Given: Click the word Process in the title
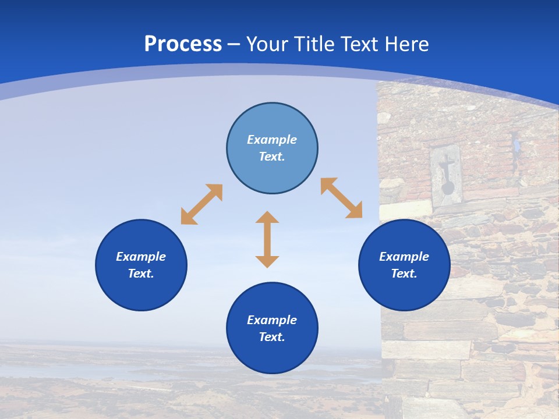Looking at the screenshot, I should point(183,44).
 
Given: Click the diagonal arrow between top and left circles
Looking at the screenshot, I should point(201,204).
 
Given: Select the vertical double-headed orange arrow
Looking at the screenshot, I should point(267,239).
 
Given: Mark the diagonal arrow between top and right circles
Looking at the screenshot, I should point(341,198).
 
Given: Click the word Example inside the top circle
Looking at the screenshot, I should point(272,140).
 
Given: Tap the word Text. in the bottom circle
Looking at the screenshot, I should point(272,337).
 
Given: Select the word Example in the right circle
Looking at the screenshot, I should point(404,257).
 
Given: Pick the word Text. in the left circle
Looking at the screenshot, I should point(141,274).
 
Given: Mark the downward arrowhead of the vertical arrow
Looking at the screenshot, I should point(267,261).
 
